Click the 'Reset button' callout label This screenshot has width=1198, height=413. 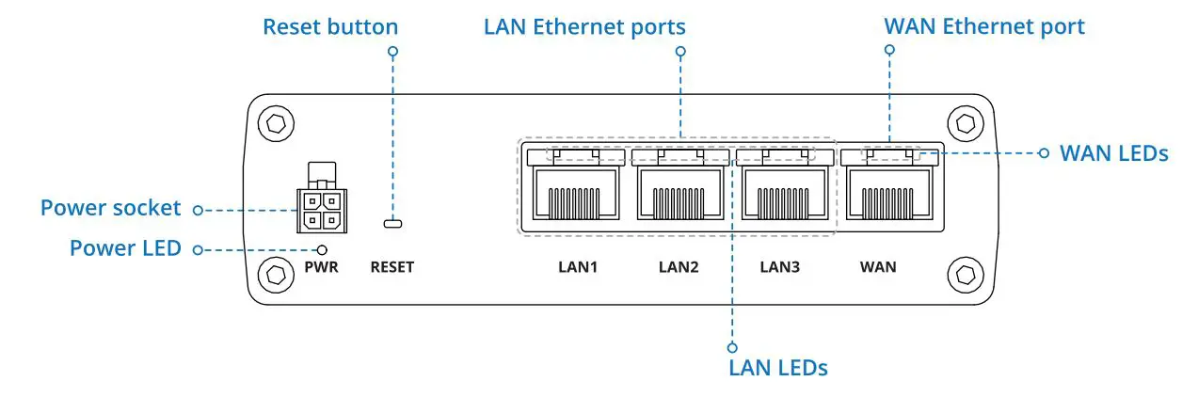329,26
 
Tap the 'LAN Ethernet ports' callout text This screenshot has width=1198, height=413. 583,26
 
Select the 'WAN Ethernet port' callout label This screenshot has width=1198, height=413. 983,26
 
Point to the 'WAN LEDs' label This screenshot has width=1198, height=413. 1113,152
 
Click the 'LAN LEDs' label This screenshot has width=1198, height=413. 777,367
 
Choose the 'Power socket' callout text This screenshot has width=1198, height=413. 111,208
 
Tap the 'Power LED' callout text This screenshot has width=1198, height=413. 124,249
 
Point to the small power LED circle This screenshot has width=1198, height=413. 322,249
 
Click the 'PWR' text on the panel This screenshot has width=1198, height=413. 321,267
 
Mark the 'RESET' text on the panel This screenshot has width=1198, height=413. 391,267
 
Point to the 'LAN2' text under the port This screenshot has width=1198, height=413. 678,267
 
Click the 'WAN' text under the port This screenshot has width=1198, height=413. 877,267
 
